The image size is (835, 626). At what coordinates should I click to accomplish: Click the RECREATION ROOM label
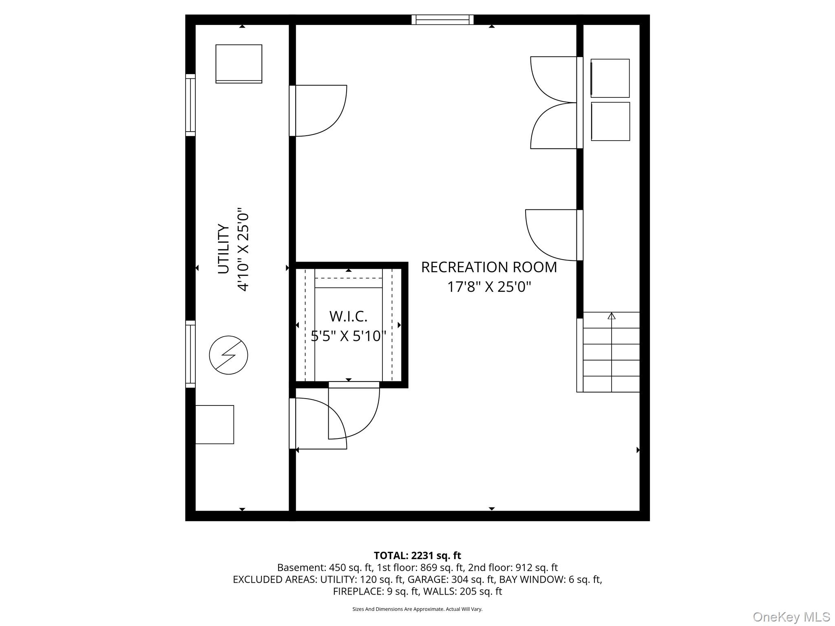pyautogui.click(x=489, y=267)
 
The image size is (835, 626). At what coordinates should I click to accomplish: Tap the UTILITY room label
pyautogui.click(x=223, y=249)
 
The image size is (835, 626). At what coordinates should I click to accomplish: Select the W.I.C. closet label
pyautogui.click(x=348, y=316)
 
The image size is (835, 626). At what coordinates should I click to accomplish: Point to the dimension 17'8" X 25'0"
pyautogui.click(x=489, y=287)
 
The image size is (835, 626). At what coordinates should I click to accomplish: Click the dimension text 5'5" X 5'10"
pyautogui.click(x=349, y=336)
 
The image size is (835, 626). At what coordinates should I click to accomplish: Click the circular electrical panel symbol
pyautogui.click(x=228, y=355)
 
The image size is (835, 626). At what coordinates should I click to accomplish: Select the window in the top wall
pyautogui.click(x=442, y=20)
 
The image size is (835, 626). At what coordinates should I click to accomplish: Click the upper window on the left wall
pyautogui.click(x=190, y=105)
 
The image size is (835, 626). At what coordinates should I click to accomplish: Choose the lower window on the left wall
pyautogui.click(x=190, y=354)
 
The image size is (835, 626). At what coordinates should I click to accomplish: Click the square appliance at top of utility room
pyautogui.click(x=239, y=64)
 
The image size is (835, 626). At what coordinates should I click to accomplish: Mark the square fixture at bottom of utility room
pyautogui.click(x=214, y=425)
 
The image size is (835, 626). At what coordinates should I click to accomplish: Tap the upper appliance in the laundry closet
pyautogui.click(x=610, y=78)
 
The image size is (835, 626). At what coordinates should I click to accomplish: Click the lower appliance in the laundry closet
pyautogui.click(x=610, y=121)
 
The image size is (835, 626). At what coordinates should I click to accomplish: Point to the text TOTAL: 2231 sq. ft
pyautogui.click(x=417, y=555)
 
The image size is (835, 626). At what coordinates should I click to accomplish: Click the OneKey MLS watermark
pyautogui.click(x=791, y=617)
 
